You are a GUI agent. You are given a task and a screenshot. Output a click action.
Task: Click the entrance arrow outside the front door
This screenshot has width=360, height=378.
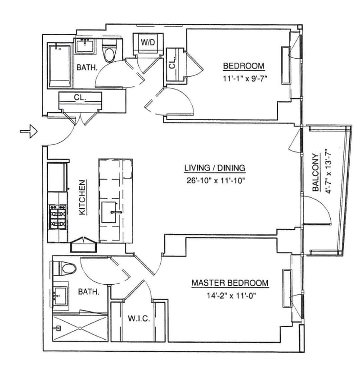pos(29,132)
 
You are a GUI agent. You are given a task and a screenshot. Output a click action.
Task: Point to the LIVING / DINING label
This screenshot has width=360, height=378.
pos(215,168)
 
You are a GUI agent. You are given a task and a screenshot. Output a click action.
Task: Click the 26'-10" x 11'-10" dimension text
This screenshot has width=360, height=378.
pos(215,179)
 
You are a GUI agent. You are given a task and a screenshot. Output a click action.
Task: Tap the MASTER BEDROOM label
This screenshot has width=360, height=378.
pos(230,283)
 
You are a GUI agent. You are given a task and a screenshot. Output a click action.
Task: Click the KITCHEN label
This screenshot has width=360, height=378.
pos(82,198)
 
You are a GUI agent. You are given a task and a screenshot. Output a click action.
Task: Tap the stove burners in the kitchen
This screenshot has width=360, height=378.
pos(58,216)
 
